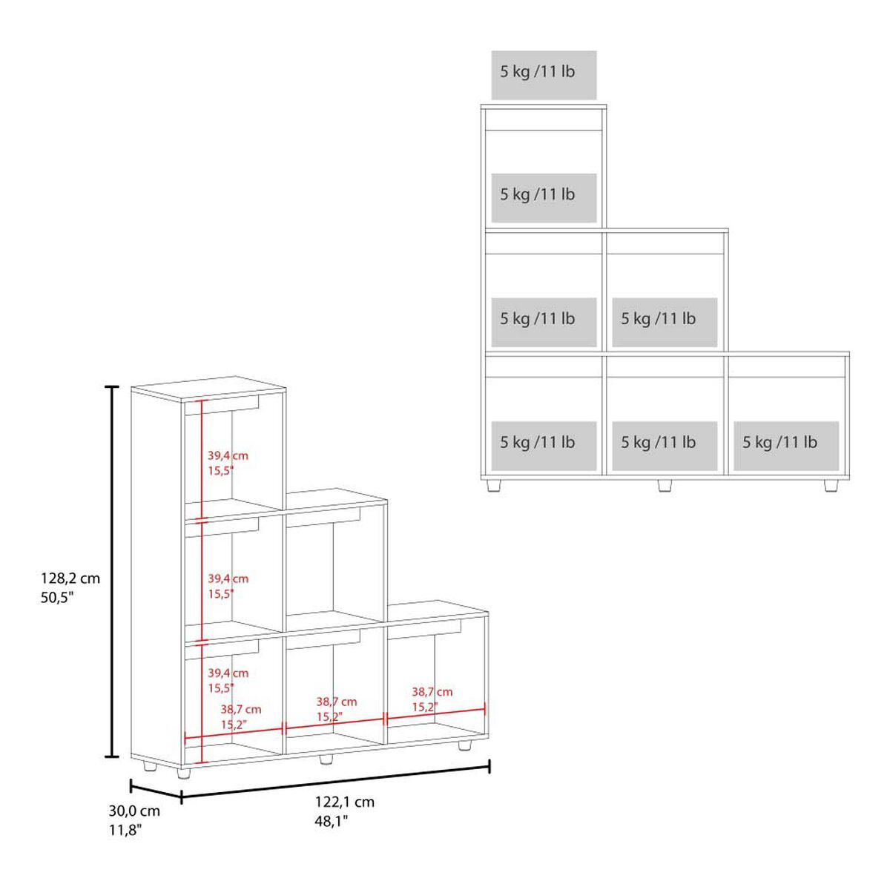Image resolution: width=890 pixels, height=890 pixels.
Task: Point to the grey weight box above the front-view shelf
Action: [x=544, y=76]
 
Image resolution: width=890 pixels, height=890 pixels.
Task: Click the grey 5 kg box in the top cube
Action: [x=544, y=198]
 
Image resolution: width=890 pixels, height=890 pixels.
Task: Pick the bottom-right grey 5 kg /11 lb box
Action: [x=786, y=446]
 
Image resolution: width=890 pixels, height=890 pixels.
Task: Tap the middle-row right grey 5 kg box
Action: [x=665, y=323]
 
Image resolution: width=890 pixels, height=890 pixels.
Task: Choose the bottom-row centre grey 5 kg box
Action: [x=665, y=446]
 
